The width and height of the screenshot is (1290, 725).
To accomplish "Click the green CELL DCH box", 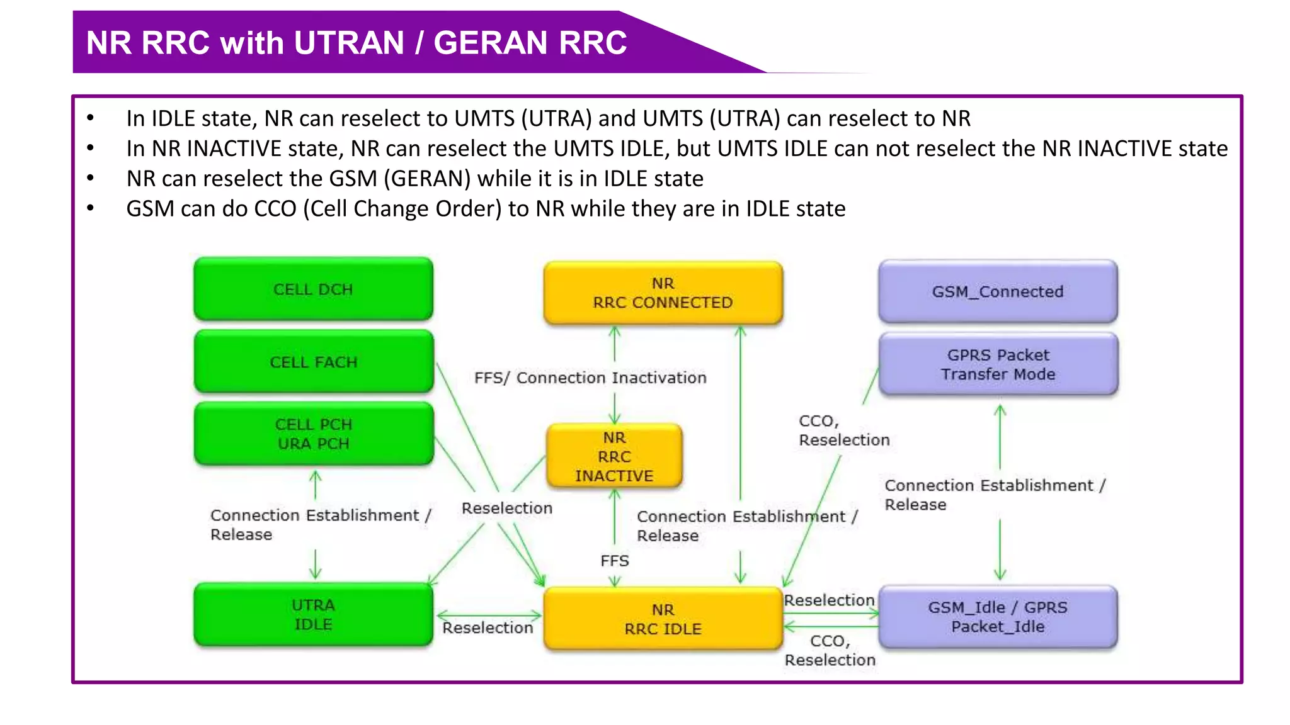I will (313, 289).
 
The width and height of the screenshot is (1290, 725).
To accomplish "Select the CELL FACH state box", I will (313, 362).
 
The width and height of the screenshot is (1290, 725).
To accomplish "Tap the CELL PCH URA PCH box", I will (313, 434).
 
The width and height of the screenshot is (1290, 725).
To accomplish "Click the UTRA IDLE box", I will (313, 614).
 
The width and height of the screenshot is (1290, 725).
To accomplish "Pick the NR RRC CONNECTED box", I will (663, 293).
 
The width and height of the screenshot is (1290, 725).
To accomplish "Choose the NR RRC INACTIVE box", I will (614, 456).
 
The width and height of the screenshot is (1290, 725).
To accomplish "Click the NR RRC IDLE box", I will (663, 619).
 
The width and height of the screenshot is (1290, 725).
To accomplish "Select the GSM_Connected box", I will (998, 291).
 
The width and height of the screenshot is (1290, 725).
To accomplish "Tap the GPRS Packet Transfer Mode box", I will (998, 364).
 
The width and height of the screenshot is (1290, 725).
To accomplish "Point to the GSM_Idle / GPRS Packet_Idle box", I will (998, 617).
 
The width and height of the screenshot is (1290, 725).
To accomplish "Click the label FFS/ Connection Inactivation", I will (590, 378).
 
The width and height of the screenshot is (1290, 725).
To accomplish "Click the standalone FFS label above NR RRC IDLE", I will (614, 561).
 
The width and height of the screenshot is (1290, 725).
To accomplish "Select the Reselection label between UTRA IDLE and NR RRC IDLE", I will (488, 628).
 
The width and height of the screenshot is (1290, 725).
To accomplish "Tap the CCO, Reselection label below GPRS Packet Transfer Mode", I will (843, 430).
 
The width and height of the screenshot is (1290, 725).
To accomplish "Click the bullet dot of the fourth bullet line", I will (91, 208).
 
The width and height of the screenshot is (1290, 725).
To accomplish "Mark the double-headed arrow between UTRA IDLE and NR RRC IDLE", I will (489, 615).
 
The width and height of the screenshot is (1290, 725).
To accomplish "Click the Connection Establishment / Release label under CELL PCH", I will (320, 524).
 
